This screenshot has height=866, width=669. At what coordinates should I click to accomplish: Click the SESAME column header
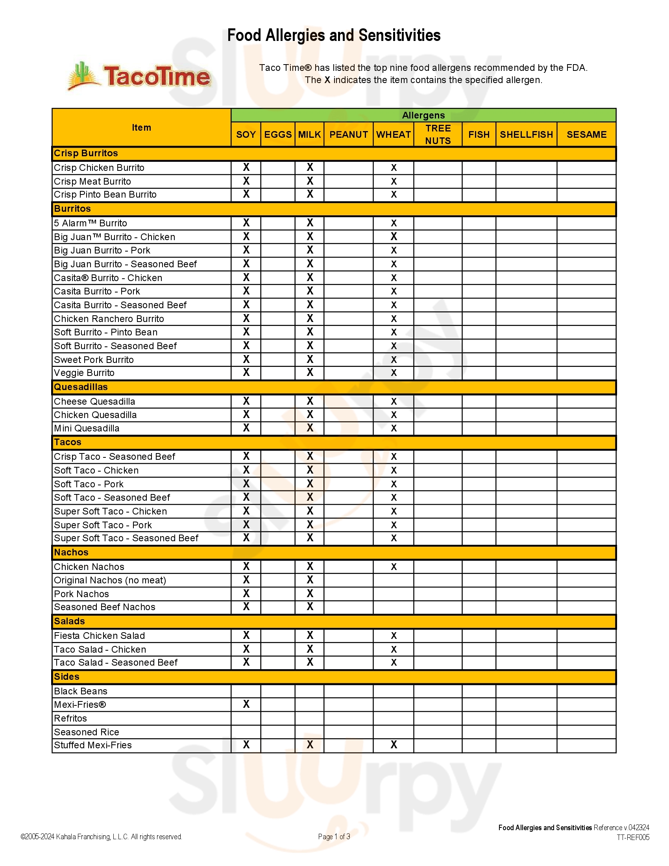[586, 134]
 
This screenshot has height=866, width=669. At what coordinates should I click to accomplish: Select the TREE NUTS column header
[438, 134]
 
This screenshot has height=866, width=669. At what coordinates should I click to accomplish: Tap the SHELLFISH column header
[526, 134]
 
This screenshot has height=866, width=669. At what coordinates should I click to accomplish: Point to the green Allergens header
[423, 115]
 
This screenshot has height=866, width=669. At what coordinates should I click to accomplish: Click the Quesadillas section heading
[81, 387]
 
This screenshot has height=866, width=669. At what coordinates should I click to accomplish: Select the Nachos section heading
[71, 552]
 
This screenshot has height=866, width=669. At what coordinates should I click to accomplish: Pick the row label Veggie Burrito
[84, 373]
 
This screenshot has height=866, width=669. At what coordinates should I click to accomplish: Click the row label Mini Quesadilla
[87, 428]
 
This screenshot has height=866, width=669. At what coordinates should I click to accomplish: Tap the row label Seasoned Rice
[87, 732]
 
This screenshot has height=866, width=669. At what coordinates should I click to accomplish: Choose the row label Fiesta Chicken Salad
[100, 636]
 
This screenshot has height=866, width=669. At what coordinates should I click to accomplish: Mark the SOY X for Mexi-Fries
[246, 704]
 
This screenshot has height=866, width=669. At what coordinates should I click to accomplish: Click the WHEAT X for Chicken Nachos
[394, 566]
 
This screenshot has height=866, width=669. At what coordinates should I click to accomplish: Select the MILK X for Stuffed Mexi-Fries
[310, 745]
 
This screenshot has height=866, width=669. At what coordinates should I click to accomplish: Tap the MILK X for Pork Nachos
[310, 594]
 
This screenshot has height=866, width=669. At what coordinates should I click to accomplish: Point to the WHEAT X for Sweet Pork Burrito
[394, 360]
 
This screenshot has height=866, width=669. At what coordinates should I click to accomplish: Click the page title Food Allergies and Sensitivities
[334, 35]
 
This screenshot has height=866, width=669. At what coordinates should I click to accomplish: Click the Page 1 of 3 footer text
[334, 836]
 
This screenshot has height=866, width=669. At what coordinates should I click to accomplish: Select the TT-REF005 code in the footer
[632, 837]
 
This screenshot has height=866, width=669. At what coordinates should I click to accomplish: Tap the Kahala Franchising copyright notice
[102, 836]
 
